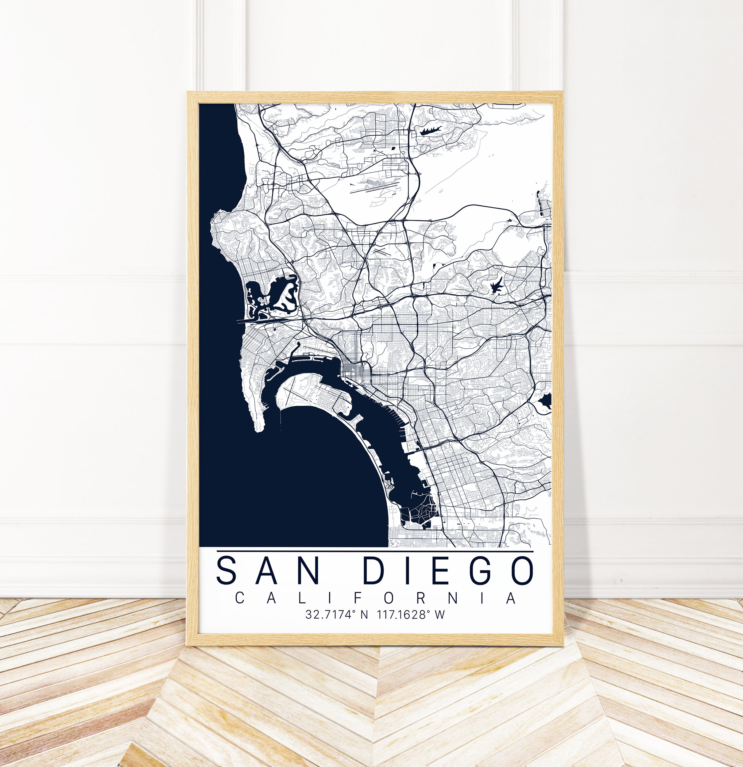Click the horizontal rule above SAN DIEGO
pos(375,551)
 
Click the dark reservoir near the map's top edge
pos(430,131)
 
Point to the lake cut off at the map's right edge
pos(546,401)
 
